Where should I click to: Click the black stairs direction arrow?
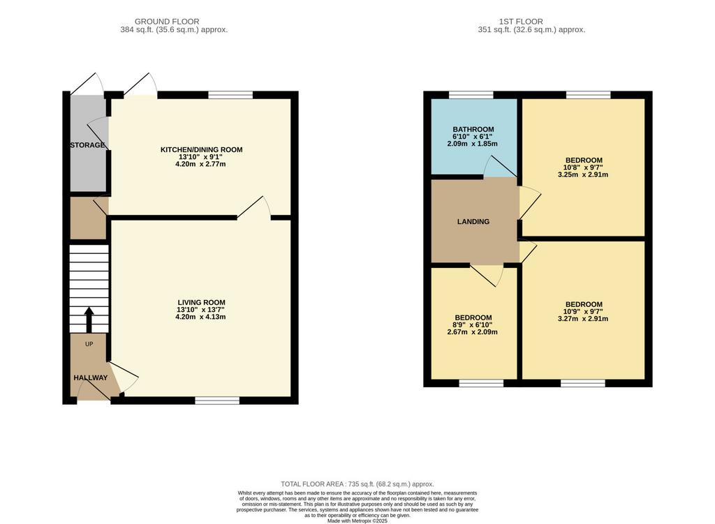pos(89,320)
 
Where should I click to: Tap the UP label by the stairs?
pos(89,344)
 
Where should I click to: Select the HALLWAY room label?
pos(91,377)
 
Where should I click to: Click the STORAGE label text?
pos(87,145)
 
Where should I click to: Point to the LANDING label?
pos(473,221)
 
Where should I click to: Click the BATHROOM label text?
pos(473,129)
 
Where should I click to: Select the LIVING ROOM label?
pos(201,303)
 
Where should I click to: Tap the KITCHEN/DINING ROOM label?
pos(201,149)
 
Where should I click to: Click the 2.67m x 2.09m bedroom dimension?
pos(473,332)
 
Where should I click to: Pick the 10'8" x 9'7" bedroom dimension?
pos(584,167)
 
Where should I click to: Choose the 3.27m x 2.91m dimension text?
pos(583,319)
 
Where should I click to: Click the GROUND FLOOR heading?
pos(167,22)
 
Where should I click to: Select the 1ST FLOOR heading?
pos(521,22)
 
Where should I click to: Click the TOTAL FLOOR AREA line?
pos(357,484)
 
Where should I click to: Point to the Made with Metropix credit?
pos(357,521)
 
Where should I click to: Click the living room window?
pos(218,401)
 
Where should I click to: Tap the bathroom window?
pos(471,95)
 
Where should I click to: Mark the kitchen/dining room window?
pos(230,95)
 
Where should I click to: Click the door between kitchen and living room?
pos(254,208)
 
